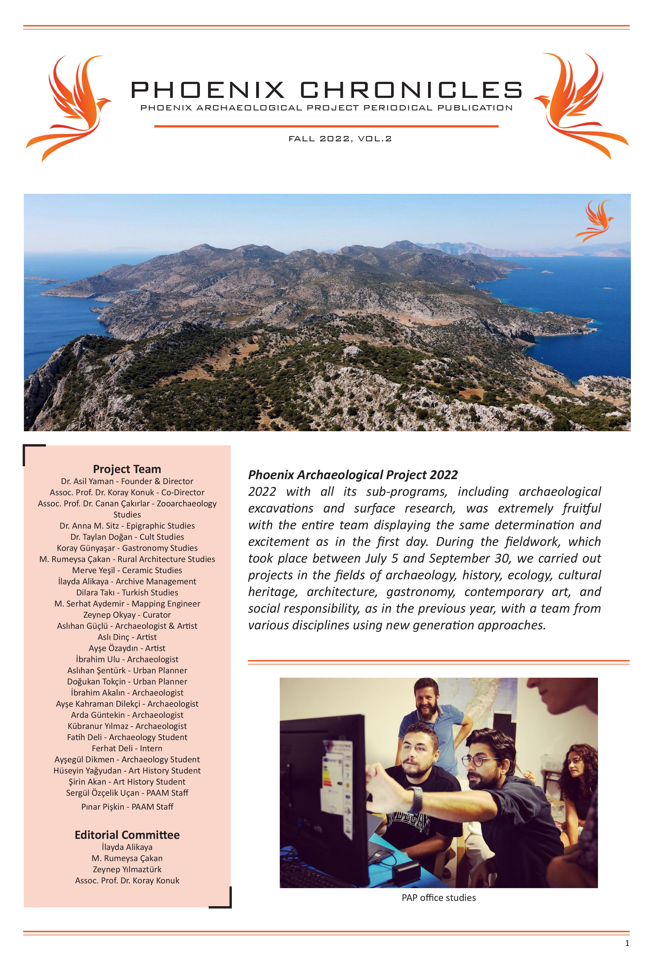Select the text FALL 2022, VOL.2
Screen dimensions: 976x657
[x=340, y=139]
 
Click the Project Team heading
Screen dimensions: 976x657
[x=127, y=469]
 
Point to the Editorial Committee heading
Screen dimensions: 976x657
[x=127, y=834]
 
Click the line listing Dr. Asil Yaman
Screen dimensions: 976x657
[x=127, y=481]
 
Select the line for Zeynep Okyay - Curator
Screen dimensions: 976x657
[x=127, y=615]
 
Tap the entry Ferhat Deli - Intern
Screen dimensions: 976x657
[x=127, y=748]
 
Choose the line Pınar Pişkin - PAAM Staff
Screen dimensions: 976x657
[x=127, y=807]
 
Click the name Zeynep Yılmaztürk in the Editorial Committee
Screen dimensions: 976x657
[x=127, y=869]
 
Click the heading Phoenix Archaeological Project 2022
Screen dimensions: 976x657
[x=353, y=475]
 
